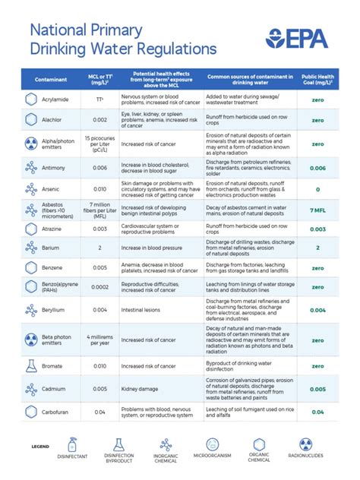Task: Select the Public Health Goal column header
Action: coord(317,78)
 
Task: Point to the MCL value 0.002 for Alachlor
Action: coord(99,120)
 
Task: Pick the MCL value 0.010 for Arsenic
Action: coord(99,189)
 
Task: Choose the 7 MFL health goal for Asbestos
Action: coord(317,210)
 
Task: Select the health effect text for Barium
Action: coord(153,248)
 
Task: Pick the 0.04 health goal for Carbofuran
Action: coord(317,412)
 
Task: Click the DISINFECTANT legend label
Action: coord(72,456)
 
